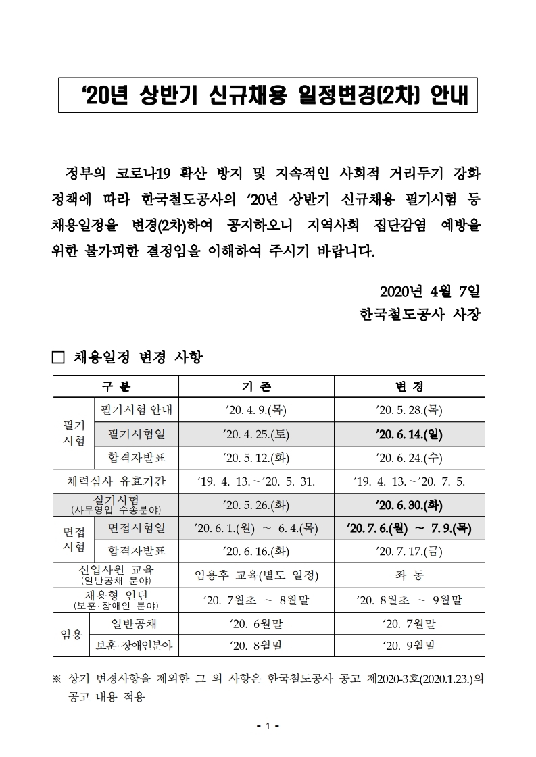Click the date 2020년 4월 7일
[x=429, y=292]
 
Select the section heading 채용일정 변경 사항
[x=137, y=357]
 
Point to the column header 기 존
[x=256, y=386]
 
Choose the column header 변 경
[x=409, y=386]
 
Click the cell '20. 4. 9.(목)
[x=256, y=409]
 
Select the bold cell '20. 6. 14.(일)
[x=409, y=434]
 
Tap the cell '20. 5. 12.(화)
[x=256, y=458]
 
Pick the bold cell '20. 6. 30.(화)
[x=409, y=505]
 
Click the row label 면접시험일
[x=136, y=527]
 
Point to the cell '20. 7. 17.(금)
[x=409, y=551]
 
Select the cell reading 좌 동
[x=409, y=575]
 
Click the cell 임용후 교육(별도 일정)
[x=256, y=575]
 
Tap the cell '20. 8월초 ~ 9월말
[x=409, y=599]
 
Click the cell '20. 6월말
[x=256, y=622]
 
